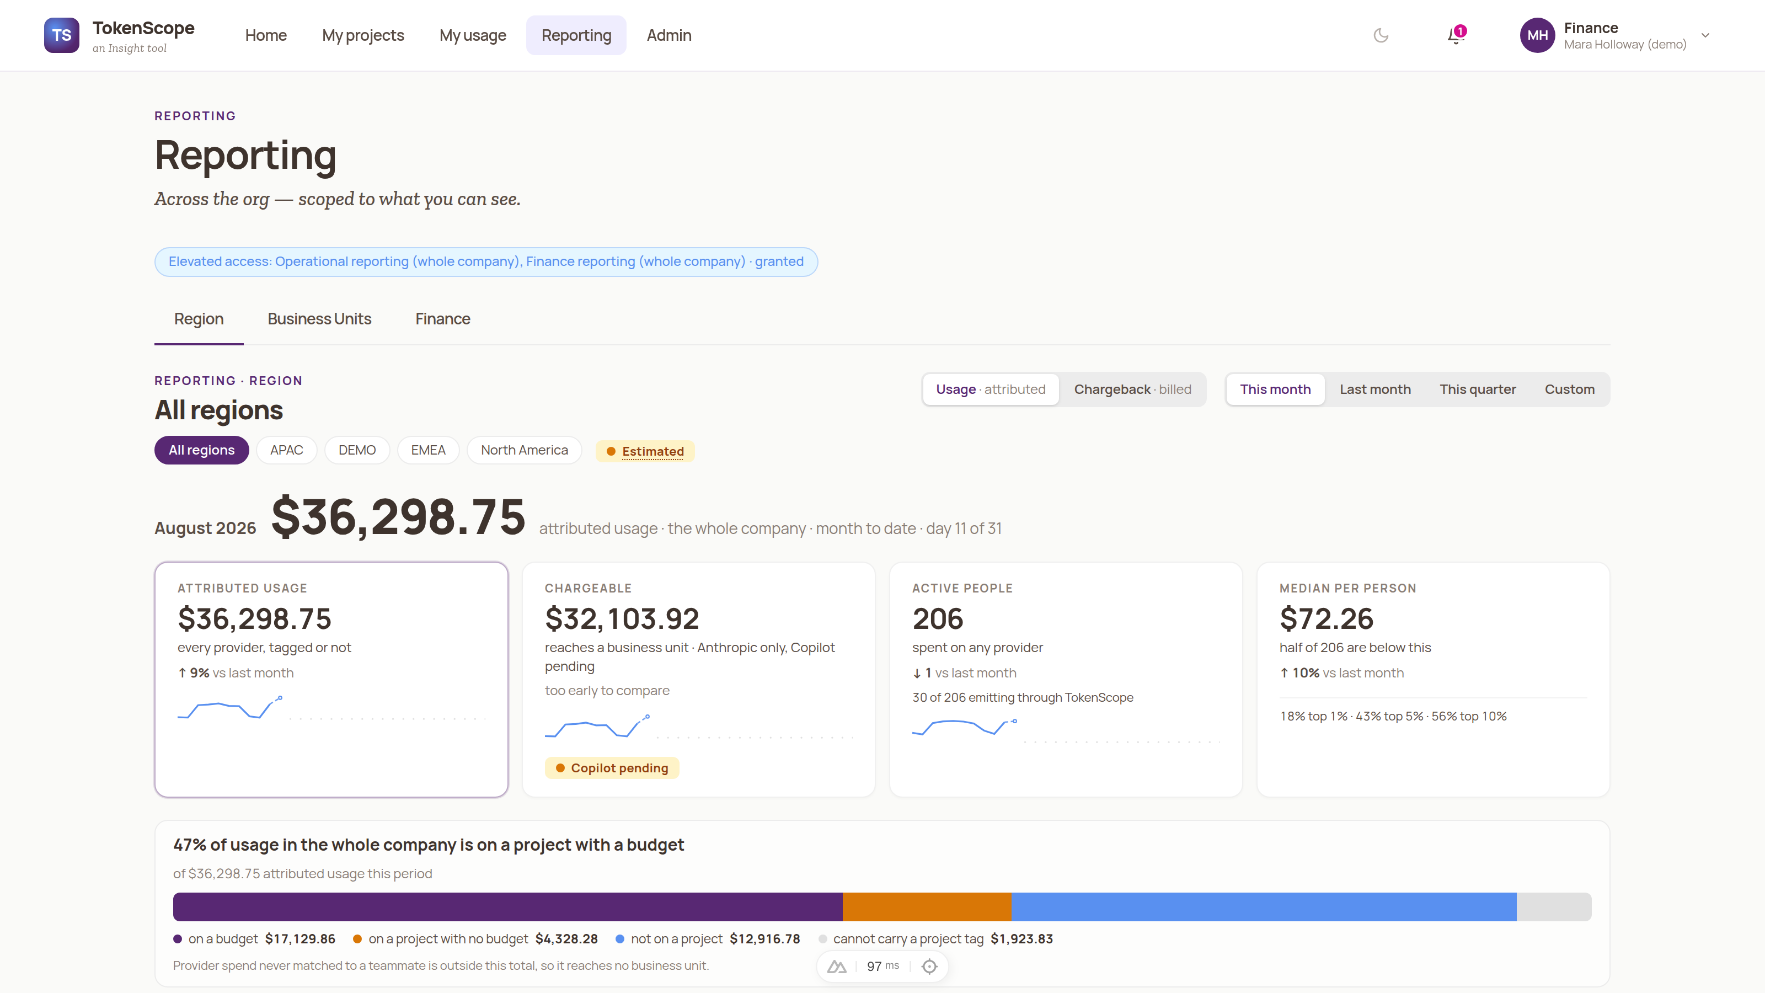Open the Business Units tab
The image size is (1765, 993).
tap(319, 319)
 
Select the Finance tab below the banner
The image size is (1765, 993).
tap(442, 319)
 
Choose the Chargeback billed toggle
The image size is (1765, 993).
tap(1132, 389)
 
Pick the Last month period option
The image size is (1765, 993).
tap(1375, 389)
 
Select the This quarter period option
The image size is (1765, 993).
tap(1478, 389)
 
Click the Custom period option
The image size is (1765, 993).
tap(1570, 389)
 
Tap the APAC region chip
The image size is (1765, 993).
tap(286, 450)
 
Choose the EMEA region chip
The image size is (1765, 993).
tap(428, 450)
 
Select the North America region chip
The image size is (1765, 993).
tap(524, 450)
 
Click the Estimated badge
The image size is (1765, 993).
tap(645, 451)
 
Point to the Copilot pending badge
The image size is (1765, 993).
tap(612, 767)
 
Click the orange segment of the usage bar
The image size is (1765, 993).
tap(927, 906)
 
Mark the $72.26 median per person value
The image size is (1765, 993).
tap(1327, 619)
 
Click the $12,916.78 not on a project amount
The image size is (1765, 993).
tap(764, 939)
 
